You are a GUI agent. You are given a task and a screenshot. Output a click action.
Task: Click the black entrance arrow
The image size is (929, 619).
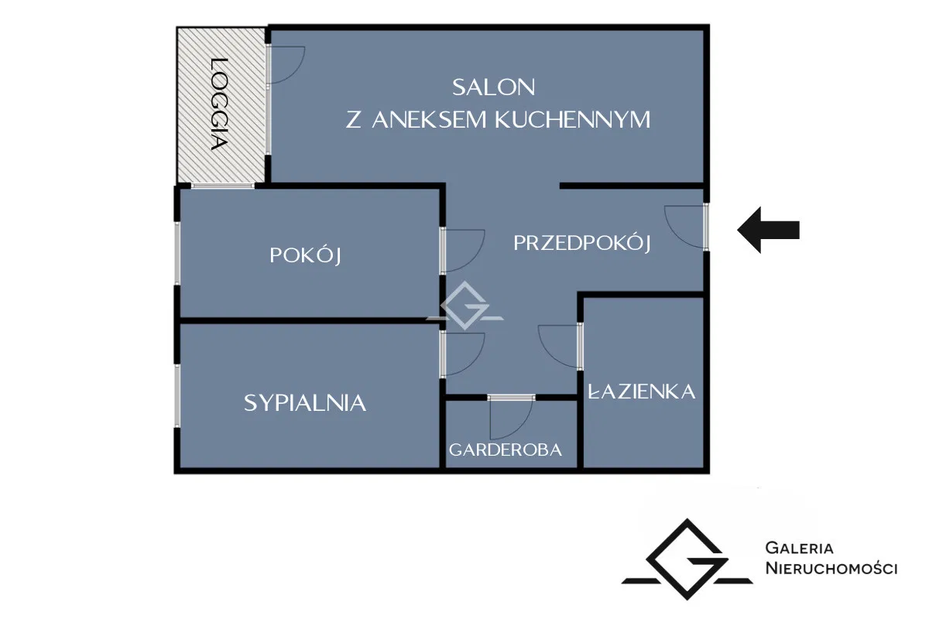click(768, 230)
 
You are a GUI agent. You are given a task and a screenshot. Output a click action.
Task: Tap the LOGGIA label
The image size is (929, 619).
click(220, 104)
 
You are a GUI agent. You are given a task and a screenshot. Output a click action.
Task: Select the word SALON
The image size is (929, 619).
click(494, 87)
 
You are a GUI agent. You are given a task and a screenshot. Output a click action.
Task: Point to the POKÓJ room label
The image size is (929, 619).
click(306, 255)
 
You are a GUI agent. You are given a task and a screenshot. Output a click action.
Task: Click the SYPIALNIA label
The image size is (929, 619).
click(305, 402)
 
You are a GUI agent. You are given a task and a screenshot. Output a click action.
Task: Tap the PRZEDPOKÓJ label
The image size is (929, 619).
click(581, 243)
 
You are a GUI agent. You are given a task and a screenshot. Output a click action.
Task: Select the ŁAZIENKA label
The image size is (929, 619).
click(642, 392)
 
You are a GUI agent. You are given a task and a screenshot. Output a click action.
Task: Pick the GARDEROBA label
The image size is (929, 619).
click(506, 450)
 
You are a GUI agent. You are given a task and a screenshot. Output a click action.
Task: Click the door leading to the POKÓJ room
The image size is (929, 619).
click(462, 250)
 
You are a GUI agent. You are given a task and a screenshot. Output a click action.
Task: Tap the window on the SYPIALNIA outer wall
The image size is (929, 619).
click(177, 395)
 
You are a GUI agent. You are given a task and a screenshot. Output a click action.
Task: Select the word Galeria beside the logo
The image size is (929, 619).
click(799, 549)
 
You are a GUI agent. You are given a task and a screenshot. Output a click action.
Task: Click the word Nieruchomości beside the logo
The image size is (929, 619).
click(831, 569)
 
